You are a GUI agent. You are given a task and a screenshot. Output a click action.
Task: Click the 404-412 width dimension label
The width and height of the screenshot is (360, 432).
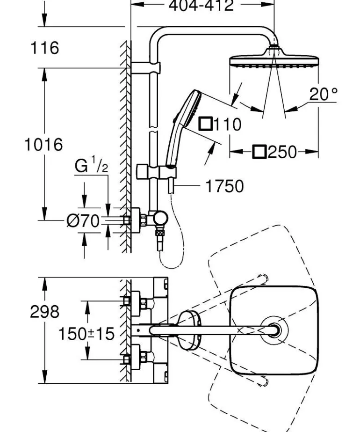(201, 6)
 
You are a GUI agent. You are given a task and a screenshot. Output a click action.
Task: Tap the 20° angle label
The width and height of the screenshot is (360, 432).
(323, 95)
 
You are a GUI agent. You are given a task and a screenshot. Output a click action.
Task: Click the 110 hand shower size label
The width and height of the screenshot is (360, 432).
(226, 124)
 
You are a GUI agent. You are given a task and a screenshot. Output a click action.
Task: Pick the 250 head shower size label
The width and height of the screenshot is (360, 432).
(281, 152)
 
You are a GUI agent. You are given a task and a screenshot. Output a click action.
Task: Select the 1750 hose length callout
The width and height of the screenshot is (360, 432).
(224, 186)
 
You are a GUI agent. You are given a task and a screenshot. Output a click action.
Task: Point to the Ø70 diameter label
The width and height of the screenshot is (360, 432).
(83, 220)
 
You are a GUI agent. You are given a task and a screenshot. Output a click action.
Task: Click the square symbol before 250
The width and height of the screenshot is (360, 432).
(259, 152)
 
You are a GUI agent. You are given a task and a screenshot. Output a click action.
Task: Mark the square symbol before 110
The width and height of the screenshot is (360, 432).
(205, 124)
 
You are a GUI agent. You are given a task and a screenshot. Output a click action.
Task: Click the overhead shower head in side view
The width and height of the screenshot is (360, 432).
(274, 60)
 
